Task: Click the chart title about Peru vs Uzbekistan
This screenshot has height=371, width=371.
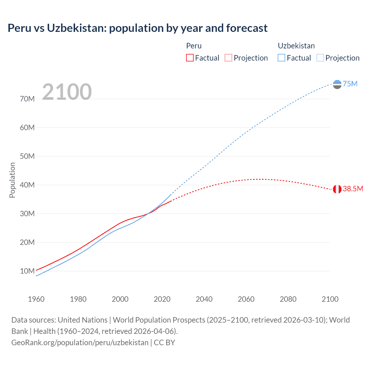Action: pyautogui.click(x=137, y=28)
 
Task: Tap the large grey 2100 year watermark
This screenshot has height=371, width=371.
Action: pyautogui.click(x=67, y=92)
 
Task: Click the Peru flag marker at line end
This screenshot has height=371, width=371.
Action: pyautogui.click(x=337, y=189)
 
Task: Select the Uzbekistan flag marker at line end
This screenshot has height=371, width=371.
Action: pyautogui.click(x=337, y=84)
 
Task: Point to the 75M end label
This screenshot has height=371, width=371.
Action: pyautogui.click(x=350, y=84)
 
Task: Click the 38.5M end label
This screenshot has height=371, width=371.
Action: pyautogui.click(x=353, y=189)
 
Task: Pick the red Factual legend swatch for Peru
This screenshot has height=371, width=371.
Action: pyautogui.click(x=190, y=58)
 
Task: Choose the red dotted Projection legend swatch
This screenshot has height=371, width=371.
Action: pyautogui.click(x=228, y=58)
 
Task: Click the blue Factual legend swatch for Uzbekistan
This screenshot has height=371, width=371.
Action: pyautogui.click(x=281, y=58)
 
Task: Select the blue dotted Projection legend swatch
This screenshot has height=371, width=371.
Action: pyautogui.click(x=320, y=58)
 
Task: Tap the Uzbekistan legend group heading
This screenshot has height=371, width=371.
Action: pyautogui.click(x=296, y=46)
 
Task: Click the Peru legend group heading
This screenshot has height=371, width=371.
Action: pyautogui.click(x=194, y=46)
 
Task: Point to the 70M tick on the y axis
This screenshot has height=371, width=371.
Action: pyautogui.click(x=27, y=99)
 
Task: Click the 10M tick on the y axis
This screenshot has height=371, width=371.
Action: pyautogui.click(x=27, y=271)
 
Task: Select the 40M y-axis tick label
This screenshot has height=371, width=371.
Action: pyautogui.click(x=27, y=185)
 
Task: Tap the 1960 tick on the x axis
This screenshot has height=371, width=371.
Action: pyautogui.click(x=36, y=299)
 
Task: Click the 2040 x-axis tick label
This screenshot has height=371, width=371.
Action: pyautogui.click(x=204, y=299)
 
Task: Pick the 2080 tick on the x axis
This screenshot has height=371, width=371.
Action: pyautogui.click(x=288, y=299)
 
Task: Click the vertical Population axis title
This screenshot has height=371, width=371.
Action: pyautogui.click(x=12, y=180)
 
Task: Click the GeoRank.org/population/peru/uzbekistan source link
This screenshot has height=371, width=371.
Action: pyautogui.click(x=80, y=343)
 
